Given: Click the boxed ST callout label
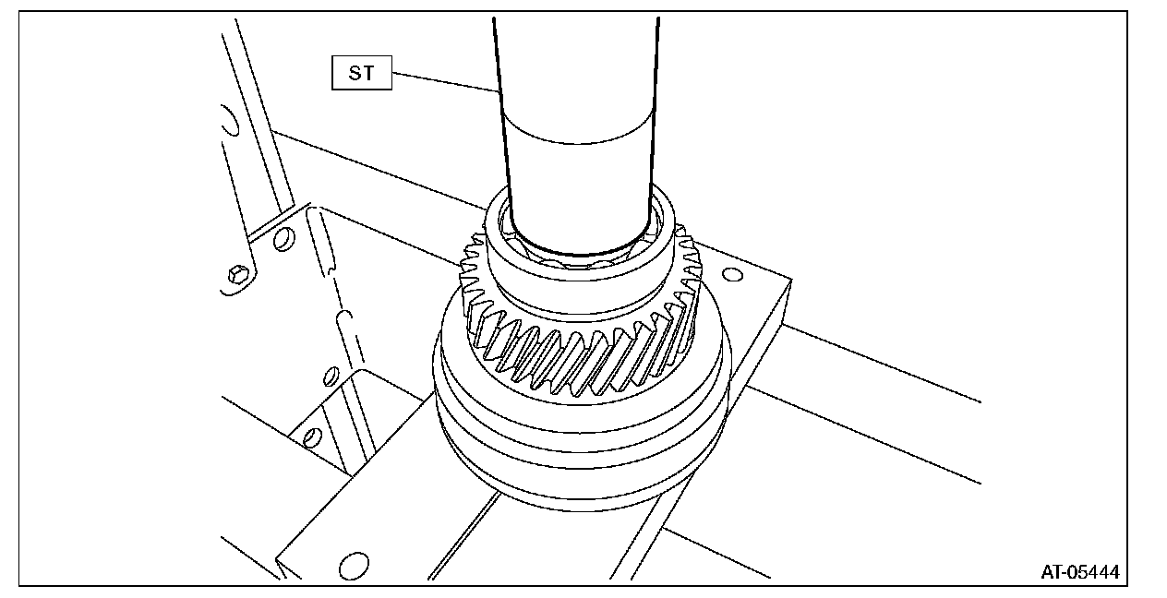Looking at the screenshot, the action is (362, 73).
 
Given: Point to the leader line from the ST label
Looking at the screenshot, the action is (446, 82).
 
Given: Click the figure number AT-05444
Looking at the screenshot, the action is (1080, 572).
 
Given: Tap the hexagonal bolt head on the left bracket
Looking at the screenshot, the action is (238, 273).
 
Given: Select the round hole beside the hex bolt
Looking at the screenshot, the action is (283, 239).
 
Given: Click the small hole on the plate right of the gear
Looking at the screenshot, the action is (733, 274).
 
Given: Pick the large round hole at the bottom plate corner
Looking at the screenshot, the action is (354, 566).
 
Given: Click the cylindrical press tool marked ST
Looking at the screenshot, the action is (578, 136).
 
